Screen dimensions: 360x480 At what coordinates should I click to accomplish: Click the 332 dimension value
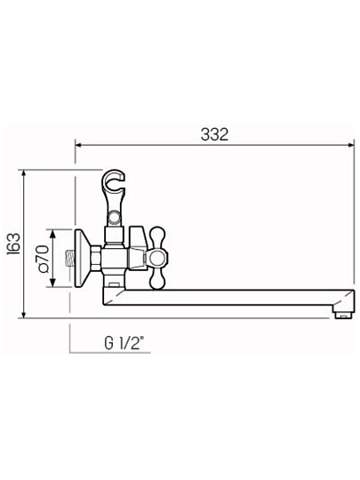tap(214, 134)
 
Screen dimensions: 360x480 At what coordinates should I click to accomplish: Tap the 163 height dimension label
tap(13, 244)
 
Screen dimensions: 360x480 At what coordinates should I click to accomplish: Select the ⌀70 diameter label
tap(43, 259)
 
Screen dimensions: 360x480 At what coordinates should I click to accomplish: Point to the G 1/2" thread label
tap(124, 343)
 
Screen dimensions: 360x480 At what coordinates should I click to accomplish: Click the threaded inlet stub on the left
tap(71, 259)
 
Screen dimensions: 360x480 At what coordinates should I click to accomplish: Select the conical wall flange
tap(82, 259)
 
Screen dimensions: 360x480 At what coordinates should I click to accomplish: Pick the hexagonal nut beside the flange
tap(95, 259)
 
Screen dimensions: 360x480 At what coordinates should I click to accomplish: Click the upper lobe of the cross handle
tap(157, 238)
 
